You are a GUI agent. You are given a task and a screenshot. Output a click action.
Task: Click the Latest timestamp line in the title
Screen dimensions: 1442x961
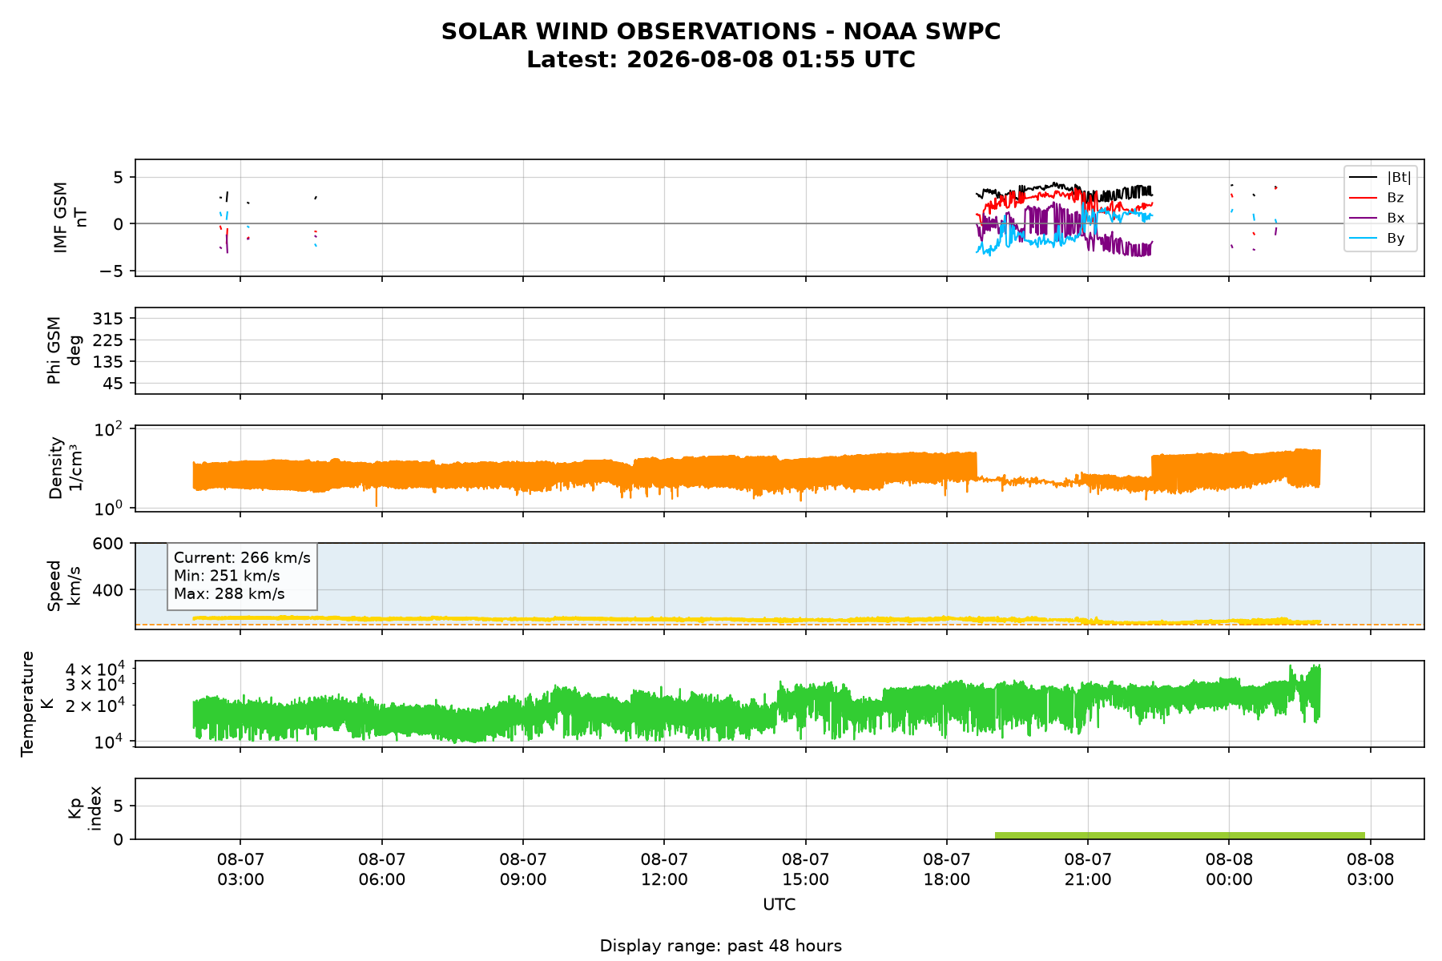[x=721, y=60]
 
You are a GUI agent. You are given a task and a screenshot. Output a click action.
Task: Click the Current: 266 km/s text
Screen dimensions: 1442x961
[x=242, y=557]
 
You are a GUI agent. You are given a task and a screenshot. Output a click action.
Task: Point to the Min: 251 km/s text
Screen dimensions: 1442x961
[x=227, y=576]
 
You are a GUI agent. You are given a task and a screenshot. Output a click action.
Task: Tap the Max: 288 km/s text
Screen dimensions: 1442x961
[x=229, y=593]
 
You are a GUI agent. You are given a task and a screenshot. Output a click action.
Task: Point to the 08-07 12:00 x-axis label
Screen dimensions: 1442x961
[x=664, y=870]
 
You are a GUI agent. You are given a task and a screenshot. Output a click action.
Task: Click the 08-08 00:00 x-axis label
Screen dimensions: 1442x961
[x=1229, y=870]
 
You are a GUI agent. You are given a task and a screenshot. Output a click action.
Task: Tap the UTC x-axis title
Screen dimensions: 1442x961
[x=779, y=905]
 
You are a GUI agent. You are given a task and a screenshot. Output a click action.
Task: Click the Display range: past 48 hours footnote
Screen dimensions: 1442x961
[x=721, y=946]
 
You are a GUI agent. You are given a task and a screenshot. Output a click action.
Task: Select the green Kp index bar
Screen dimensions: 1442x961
[x=1180, y=835]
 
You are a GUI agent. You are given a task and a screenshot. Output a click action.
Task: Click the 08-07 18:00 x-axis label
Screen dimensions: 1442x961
[x=947, y=870]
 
